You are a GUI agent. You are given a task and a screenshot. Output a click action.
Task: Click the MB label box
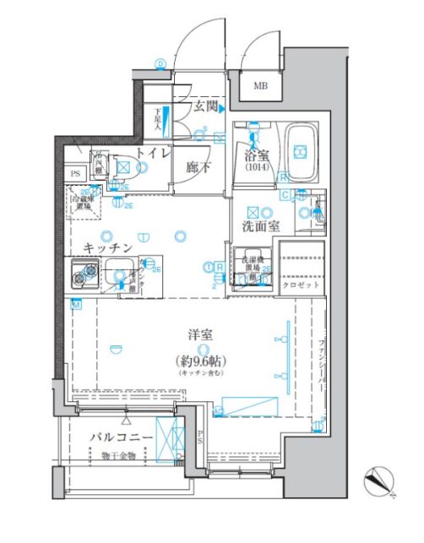click(259, 85)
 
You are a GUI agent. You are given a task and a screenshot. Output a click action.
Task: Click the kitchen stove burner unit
click(82, 272)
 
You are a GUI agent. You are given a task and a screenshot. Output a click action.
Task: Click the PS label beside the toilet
click(75, 174)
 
